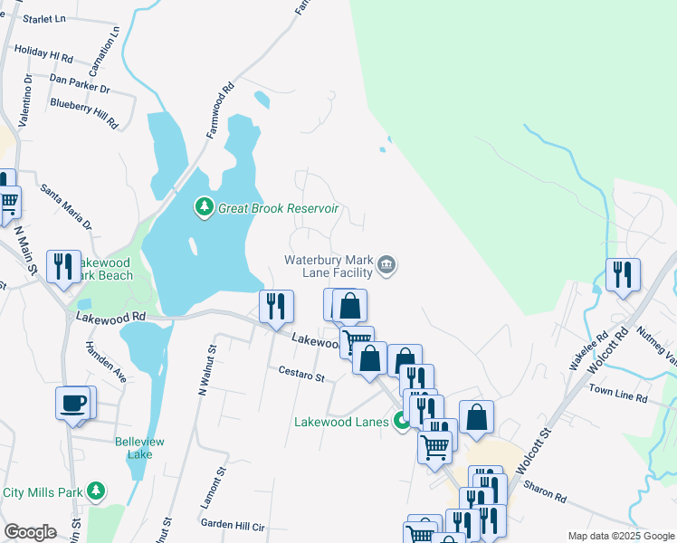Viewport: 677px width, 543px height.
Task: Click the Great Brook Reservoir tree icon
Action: tap(205, 208)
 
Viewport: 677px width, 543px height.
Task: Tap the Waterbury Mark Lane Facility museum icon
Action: tap(386, 265)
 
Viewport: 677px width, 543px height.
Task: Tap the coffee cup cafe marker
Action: tap(72, 404)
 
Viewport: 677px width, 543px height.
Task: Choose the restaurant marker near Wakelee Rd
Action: tap(623, 274)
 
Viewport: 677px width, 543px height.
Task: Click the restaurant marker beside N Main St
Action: tap(63, 266)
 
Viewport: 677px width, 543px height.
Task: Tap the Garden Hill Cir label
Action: tap(232, 525)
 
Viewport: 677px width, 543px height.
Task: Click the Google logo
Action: tap(31, 532)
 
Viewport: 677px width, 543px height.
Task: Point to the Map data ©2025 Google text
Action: tap(620, 536)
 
